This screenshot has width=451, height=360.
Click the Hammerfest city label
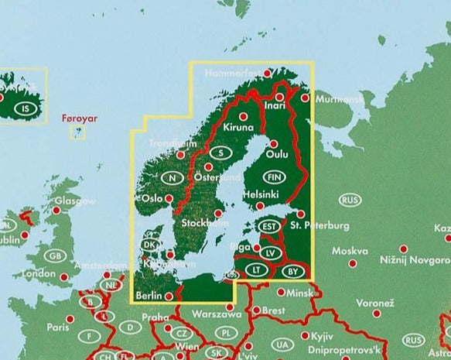pyautogui.click(x=232, y=74)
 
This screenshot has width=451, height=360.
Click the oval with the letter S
pyautogui.click(x=221, y=153)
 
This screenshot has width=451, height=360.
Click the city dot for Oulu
pyautogui.click(x=273, y=143)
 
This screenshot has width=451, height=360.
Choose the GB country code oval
pyautogui.click(x=54, y=255)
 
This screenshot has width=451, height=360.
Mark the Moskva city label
pyautogui.click(x=350, y=251)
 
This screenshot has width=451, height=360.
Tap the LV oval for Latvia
pyautogui.click(x=269, y=253)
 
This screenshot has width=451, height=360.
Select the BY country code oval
pyautogui.click(x=291, y=270)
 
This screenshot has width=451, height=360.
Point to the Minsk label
pyautogui.click(x=300, y=293)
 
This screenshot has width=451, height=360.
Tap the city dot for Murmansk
pyautogui.click(x=306, y=98)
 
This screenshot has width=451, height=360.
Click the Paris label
pyautogui.click(x=57, y=327)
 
